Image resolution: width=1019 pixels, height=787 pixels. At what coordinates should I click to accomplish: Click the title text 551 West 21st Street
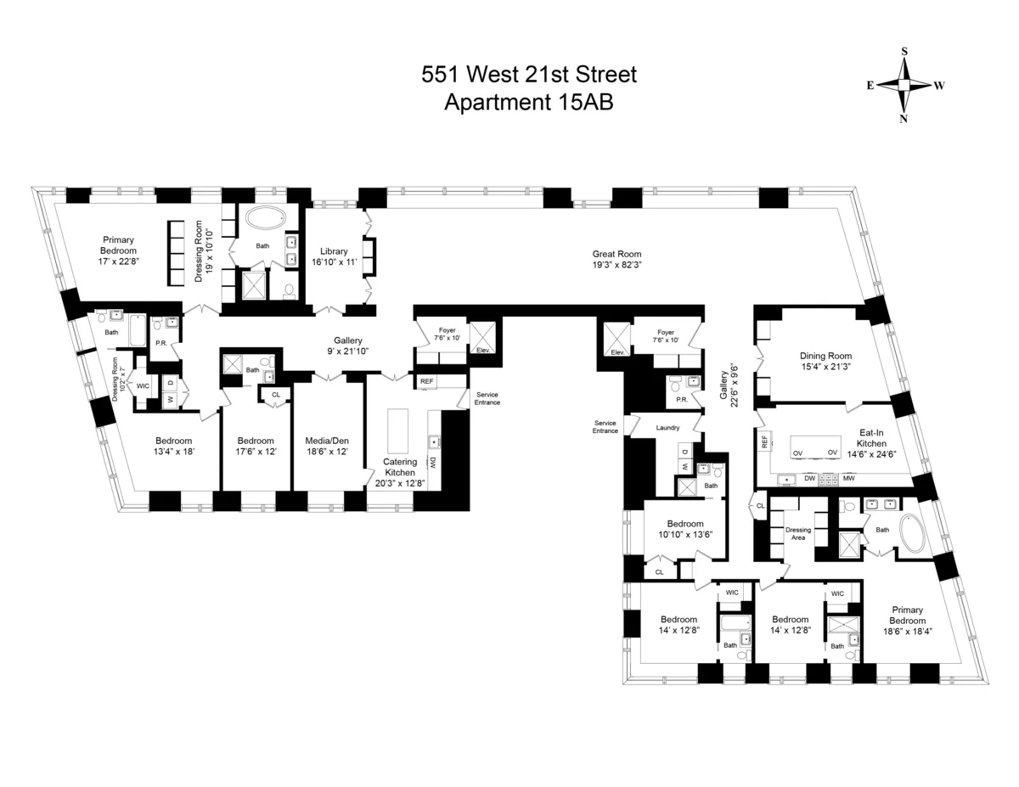529,76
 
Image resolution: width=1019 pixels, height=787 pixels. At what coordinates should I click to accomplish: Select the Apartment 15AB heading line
529,102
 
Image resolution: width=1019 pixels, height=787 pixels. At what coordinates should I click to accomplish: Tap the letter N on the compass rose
904,119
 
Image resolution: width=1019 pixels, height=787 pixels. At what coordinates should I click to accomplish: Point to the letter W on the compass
939,85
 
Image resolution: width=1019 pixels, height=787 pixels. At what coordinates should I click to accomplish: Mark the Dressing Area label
798,533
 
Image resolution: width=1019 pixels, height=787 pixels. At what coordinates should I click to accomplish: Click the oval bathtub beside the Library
267,218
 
